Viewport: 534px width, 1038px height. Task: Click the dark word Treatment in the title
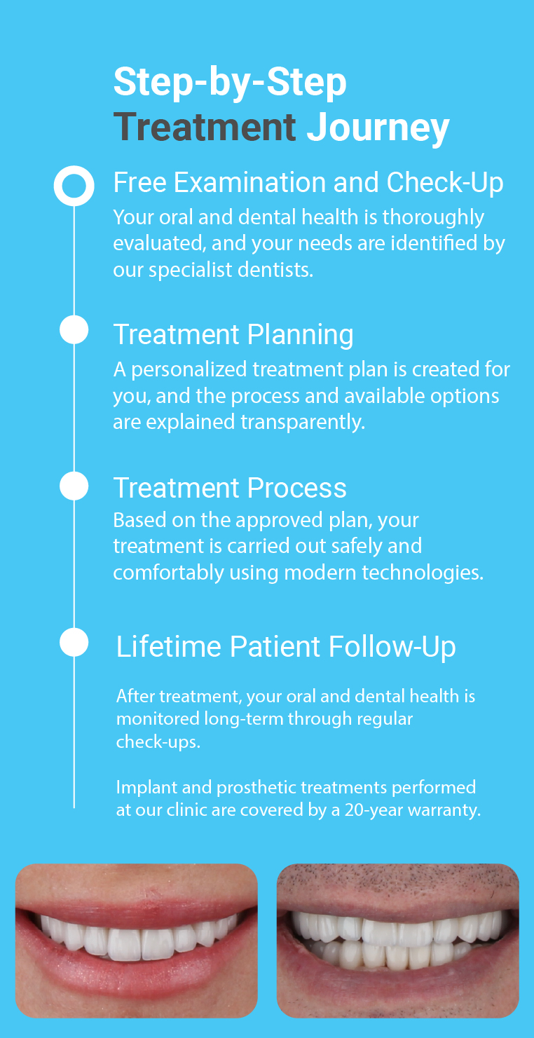click(205, 127)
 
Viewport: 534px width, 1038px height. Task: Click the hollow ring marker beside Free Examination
click(74, 185)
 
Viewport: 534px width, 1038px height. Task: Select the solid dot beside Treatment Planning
click(74, 329)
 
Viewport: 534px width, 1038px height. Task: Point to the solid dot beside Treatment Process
click(74, 486)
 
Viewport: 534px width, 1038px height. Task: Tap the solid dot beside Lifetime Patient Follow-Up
click(74, 642)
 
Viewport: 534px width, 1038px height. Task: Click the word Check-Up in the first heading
click(444, 183)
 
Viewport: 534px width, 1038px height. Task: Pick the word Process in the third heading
click(296, 488)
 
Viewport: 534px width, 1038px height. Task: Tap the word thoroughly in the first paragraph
click(433, 218)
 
